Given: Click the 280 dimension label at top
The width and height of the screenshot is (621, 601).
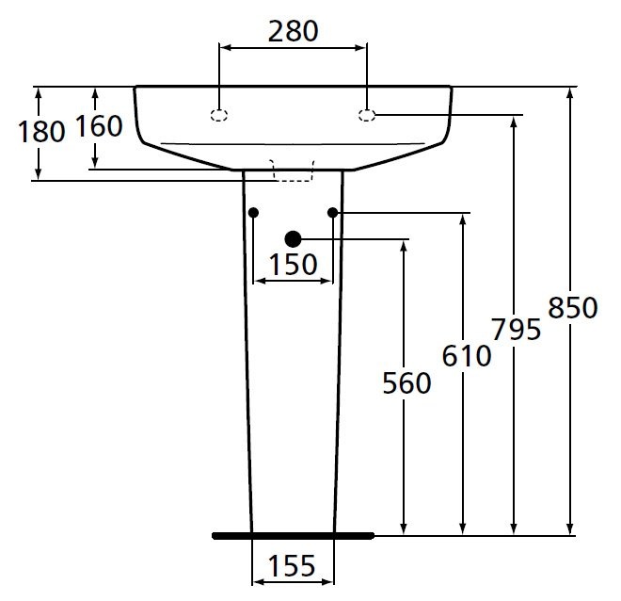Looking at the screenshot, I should (x=293, y=31).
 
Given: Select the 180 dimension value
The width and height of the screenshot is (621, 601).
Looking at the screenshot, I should (x=41, y=131).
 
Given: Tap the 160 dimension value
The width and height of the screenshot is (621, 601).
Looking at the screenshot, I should (x=99, y=126).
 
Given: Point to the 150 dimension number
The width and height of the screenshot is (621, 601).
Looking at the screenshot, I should (x=293, y=265).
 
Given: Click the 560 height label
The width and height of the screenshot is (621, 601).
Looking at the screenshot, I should (x=406, y=382).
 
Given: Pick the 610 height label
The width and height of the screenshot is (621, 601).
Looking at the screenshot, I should (x=467, y=356).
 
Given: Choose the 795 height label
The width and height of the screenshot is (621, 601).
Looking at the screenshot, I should (x=516, y=330).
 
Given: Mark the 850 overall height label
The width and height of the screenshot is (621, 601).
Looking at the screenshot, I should (x=572, y=307).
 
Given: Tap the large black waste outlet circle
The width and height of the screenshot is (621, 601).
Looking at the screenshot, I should (x=293, y=239).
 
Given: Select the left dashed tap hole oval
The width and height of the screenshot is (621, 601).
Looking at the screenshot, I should (x=219, y=116).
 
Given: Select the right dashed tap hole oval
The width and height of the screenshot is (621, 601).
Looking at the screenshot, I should (x=367, y=115).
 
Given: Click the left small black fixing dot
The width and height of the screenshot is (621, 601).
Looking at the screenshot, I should (x=253, y=213).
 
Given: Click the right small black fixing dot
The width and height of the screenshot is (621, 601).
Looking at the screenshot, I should (x=332, y=213).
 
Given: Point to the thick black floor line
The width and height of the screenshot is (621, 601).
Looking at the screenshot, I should (x=293, y=535).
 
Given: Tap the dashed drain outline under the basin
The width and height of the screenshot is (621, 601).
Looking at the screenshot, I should (x=293, y=169).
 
